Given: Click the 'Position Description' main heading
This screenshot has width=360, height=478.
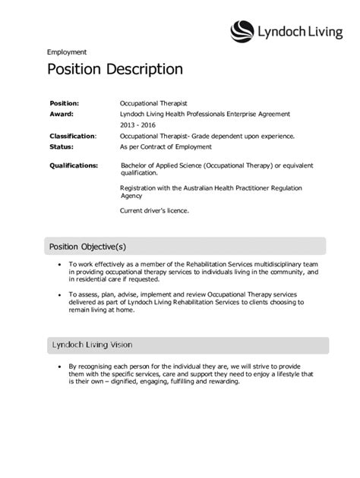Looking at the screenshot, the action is (115, 70).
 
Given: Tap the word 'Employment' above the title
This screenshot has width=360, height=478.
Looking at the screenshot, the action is (67, 52).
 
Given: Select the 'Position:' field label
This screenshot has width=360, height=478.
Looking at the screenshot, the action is (65, 102).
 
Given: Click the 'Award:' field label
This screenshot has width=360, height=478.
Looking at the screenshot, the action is (62, 114).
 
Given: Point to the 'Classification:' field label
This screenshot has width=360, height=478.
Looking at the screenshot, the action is (73, 136).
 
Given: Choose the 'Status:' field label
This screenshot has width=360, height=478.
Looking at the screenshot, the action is (62, 146).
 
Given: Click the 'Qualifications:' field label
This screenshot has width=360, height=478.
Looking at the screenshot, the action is (74, 165).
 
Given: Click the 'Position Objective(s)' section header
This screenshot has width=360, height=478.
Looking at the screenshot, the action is (87, 246).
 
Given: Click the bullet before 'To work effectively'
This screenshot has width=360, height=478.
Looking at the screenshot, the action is (59, 264).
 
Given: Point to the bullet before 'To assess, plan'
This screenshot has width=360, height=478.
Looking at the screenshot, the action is (59, 292).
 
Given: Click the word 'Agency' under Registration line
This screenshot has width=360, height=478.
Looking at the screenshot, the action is (131, 195).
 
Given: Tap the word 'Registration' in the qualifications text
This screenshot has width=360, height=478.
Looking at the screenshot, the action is (141, 187).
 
